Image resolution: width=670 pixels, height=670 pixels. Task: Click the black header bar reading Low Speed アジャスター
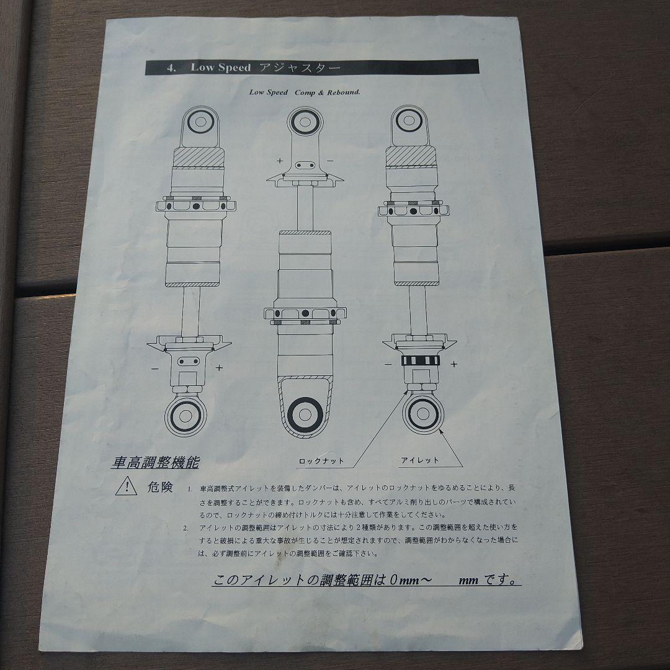(311, 67)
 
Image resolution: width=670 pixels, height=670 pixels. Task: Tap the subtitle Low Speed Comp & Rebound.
(304, 92)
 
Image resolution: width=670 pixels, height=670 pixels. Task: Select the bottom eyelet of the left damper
(185, 416)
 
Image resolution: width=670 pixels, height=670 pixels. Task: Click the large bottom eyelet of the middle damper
(305, 414)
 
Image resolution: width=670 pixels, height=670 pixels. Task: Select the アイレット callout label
(420, 460)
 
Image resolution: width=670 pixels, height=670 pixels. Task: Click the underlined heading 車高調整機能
(155, 462)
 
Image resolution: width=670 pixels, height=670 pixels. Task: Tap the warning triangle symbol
(126, 486)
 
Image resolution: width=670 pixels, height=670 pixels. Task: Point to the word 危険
(159, 488)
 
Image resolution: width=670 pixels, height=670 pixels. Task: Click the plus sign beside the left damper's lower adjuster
(218, 368)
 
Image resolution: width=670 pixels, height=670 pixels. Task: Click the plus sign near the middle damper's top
(280, 161)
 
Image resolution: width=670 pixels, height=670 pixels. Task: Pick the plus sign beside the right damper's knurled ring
(453, 364)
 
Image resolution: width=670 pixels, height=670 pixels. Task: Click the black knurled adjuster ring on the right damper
(421, 361)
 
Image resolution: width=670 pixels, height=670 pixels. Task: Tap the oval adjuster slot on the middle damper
(305, 165)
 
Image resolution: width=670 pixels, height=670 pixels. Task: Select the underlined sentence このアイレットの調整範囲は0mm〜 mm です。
(366, 580)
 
